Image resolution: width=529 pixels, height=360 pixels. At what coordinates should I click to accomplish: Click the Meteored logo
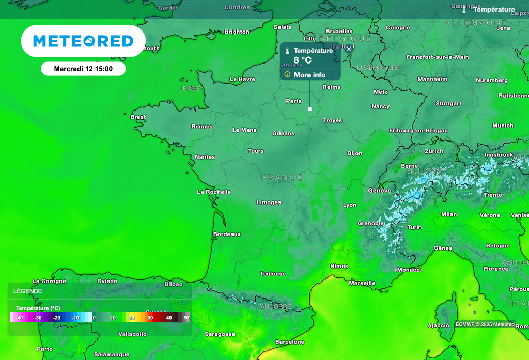(x=83, y=41)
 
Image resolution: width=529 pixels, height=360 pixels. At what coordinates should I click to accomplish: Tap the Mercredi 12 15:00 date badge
(x=83, y=69)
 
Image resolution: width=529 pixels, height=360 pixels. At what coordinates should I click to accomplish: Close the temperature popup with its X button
(x=349, y=49)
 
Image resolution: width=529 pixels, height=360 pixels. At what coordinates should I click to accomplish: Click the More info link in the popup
(x=309, y=75)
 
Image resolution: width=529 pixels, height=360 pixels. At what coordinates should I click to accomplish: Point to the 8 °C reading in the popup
(x=303, y=60)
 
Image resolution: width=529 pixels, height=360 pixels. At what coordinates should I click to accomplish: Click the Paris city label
(x=294, y=101)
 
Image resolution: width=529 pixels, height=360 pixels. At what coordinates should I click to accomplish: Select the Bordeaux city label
(x=227, y=234)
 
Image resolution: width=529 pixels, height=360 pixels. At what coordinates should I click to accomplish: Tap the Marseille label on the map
(x=362, y=283)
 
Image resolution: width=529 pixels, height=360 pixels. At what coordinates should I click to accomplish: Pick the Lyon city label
(x=350, y=205)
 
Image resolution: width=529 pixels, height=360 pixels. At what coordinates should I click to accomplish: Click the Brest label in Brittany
(x=138, y=117)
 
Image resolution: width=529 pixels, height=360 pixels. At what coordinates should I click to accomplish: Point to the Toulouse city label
(x=273, y=274)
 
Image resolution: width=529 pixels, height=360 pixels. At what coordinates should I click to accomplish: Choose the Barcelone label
(x=290, y=342)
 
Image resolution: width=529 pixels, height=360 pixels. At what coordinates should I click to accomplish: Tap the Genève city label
(x=380, y=191)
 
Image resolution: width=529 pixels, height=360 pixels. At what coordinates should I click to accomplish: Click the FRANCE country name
(x=282, y=178)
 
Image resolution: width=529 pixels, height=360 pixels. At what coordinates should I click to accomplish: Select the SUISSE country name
(x=426, y=171)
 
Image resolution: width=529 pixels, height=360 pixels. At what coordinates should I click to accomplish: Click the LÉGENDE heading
(x=28, y=291)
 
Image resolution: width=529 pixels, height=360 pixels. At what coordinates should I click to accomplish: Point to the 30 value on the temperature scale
(x=150, y=318)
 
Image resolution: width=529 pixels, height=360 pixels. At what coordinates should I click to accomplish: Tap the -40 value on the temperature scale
(x=19, y=318)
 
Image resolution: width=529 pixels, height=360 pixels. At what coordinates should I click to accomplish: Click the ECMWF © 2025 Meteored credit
(x=485, y=324)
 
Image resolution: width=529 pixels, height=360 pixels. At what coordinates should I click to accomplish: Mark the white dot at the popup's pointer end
(x=310, y=109)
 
